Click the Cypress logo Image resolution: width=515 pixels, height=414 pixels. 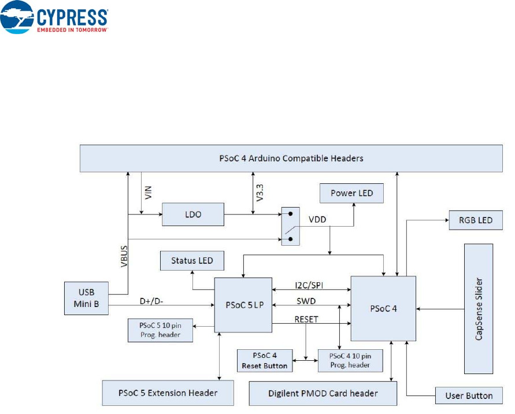tap(55, 19)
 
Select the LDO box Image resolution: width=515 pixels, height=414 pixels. tap(193, 215)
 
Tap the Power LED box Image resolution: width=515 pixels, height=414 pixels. tap(352, 193)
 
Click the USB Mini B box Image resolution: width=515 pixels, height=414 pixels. tap(86, 298)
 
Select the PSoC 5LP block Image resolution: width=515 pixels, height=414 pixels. tap(243, 305)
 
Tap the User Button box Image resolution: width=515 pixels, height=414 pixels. tap(469, 395)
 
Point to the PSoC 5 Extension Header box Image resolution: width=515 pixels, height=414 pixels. tap(168, 393)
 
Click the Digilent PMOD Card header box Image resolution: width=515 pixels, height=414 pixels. tap(323, 393)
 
